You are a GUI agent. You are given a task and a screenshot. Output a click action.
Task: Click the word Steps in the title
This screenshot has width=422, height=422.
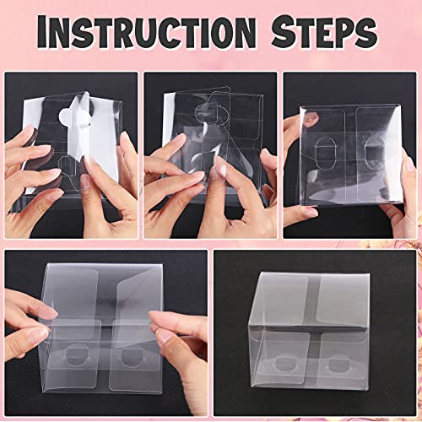322,34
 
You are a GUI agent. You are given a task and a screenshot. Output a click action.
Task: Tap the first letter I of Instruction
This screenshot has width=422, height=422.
52,34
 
